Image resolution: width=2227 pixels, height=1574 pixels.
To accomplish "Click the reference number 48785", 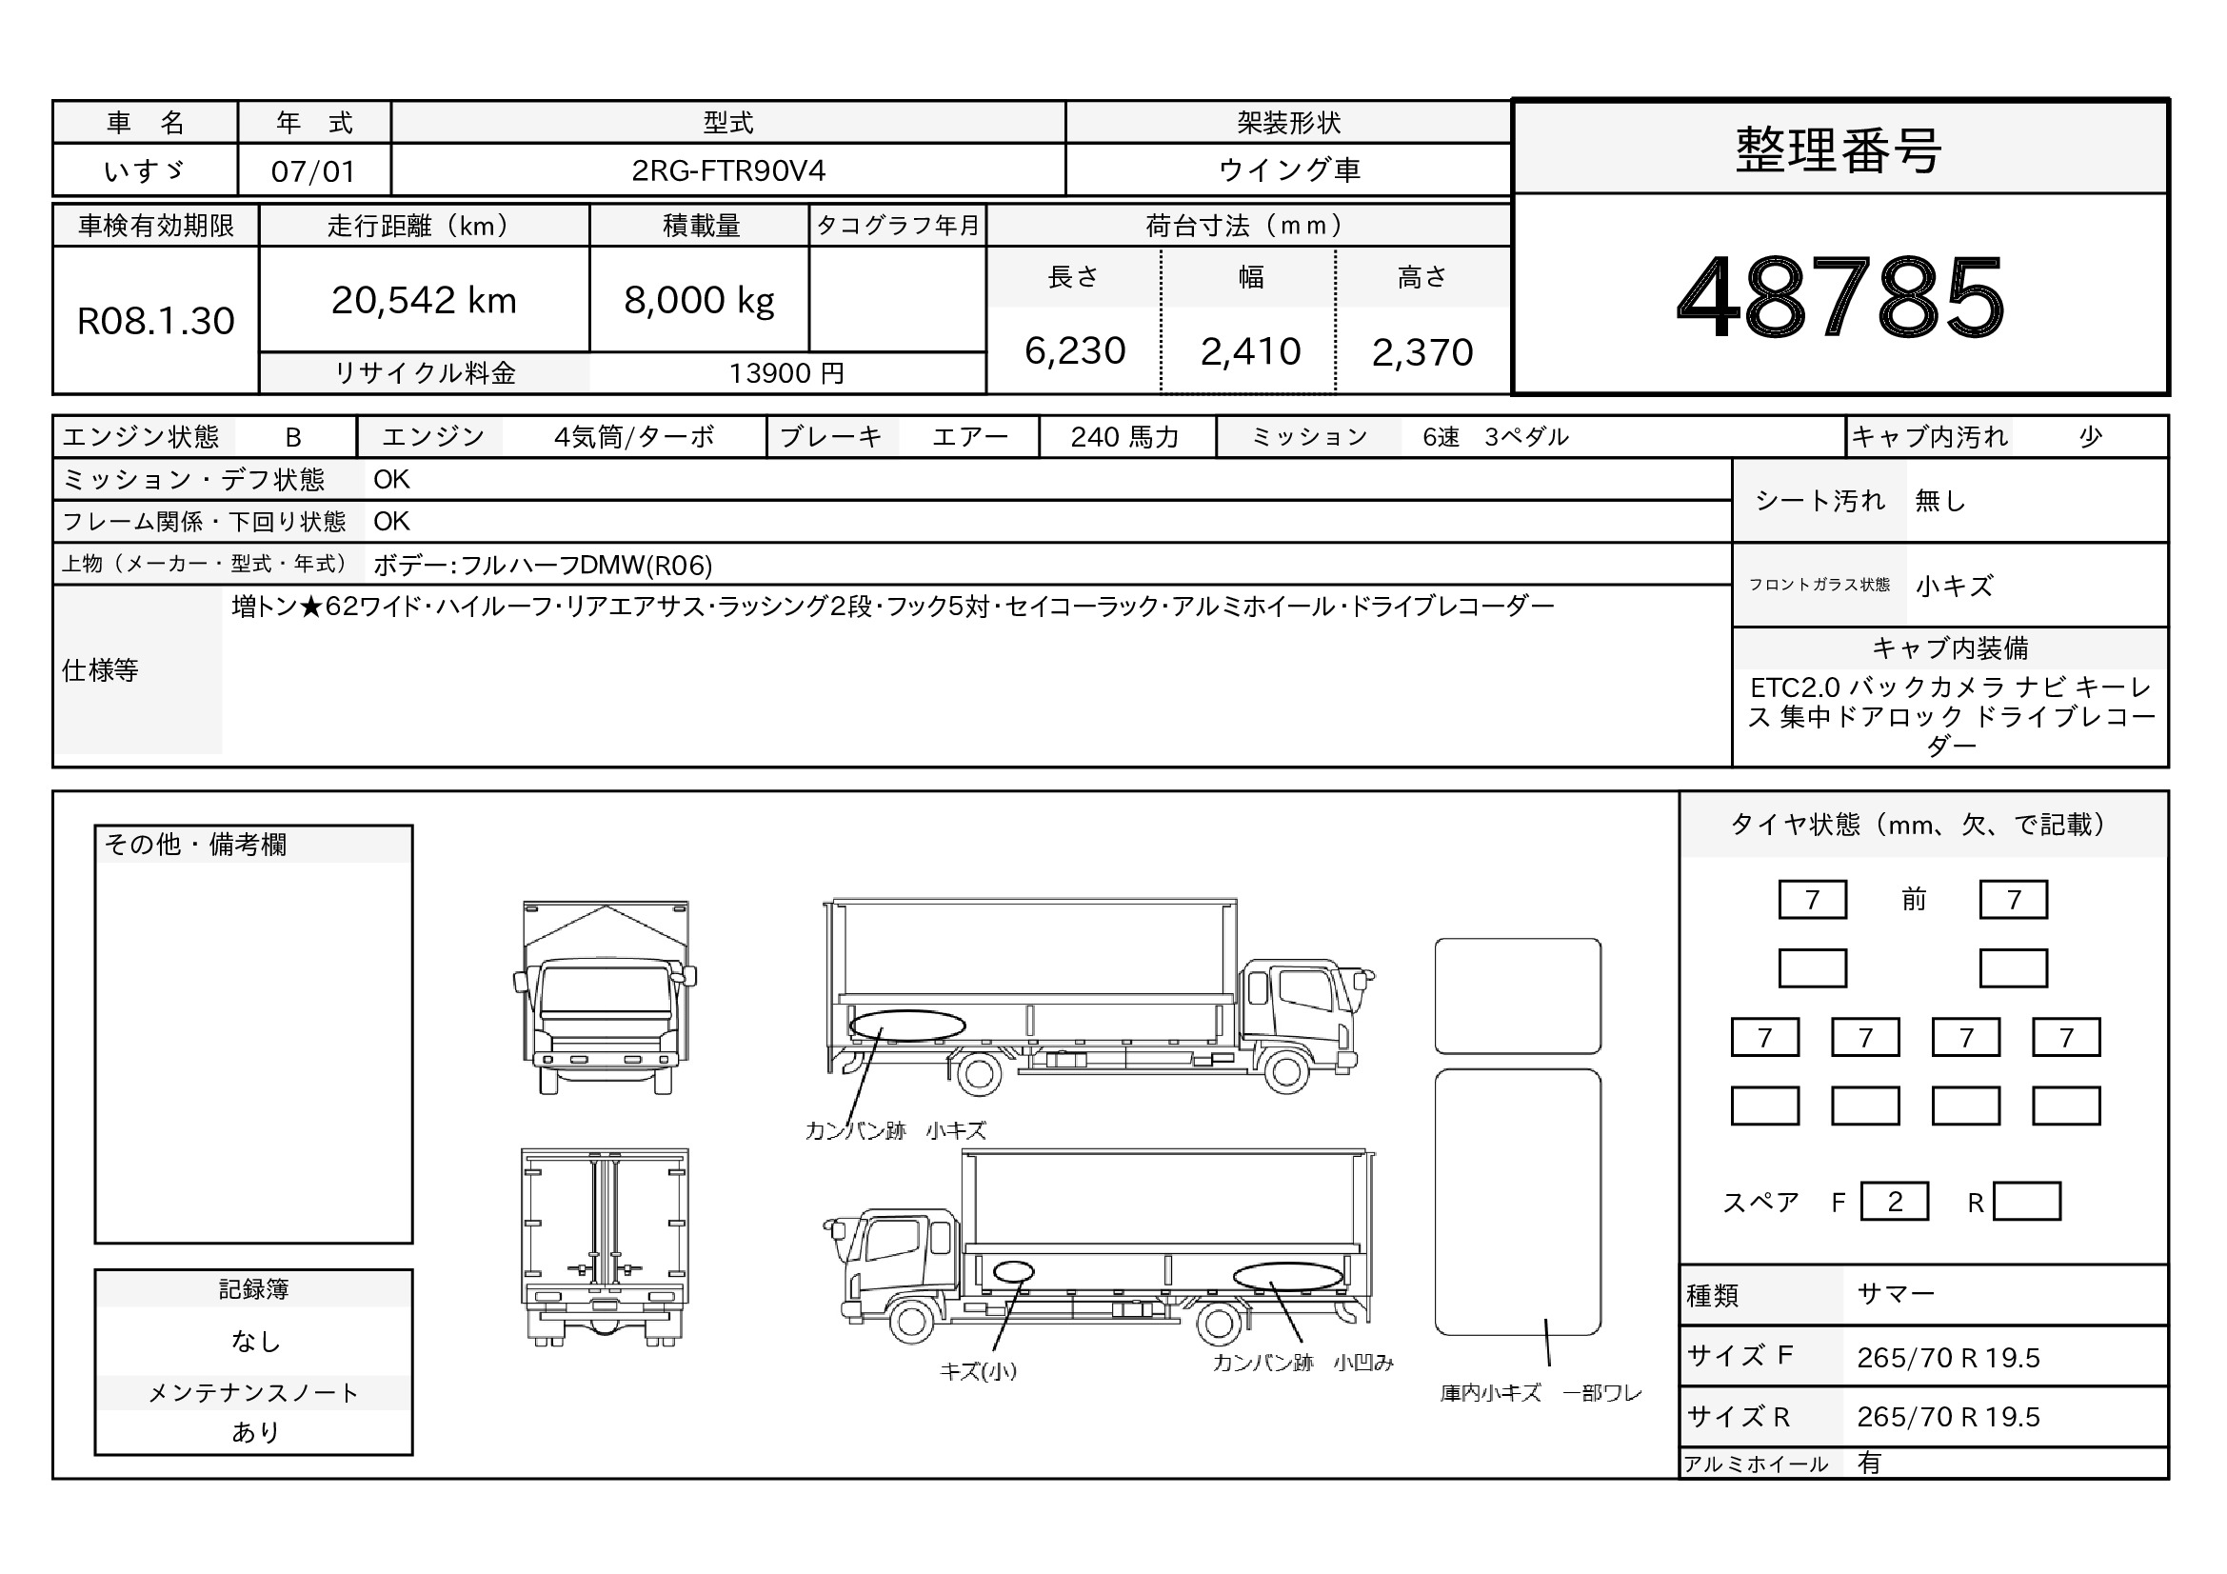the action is coord(1840,296).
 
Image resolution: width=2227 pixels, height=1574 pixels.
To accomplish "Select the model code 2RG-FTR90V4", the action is coord(728,170).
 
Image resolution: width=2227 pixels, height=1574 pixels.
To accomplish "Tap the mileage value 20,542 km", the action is coord(424,300).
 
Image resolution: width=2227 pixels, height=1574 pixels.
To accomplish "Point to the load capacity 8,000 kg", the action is coord(700,300).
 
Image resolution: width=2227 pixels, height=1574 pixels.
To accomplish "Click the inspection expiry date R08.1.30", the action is coord(155,321).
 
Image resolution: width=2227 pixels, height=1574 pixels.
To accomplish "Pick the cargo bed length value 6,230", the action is coord(1075,351).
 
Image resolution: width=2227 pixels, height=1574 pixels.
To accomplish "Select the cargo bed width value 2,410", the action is coord(1250,351).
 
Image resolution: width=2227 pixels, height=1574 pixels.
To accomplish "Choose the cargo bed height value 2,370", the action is coord(1422,352).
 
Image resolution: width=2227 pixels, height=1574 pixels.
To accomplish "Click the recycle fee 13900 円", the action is coord(786,373).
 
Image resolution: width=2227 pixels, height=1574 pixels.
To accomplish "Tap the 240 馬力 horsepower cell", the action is coord(1124,437).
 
